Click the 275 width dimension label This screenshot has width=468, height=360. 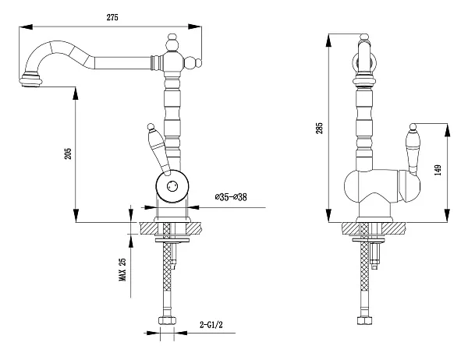tap(112, 17)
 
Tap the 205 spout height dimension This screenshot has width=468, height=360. tap(69, 154)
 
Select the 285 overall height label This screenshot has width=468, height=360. tap(319, 128)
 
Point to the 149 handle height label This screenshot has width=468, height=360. tap(438, 170)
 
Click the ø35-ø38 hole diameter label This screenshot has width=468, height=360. tap(231, 197)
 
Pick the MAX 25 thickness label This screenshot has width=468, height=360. tap(122, 270)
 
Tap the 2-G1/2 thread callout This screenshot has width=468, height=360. tap(211, 324)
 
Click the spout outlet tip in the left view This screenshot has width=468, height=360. tap(30, 81)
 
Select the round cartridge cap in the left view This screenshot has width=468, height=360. tap(172, 186)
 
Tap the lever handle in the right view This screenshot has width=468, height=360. tap(413, 150)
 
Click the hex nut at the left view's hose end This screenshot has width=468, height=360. tap(167, 320)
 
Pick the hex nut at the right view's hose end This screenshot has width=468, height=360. tap(364, 320)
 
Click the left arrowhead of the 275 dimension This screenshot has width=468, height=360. tap(26, 26)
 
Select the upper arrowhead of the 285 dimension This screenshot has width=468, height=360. tap(328, 41)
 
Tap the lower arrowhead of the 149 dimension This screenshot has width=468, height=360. tap(447, 215)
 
